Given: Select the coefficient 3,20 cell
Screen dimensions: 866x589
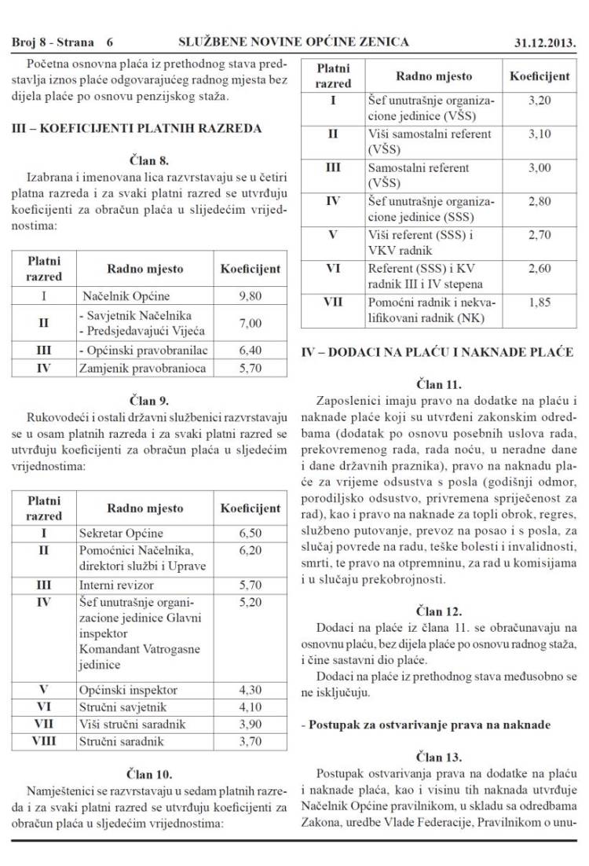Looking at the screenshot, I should [540, 101].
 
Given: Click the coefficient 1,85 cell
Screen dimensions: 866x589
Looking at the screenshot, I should [540, 302].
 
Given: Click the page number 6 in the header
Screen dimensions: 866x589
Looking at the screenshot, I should [109, 41].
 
